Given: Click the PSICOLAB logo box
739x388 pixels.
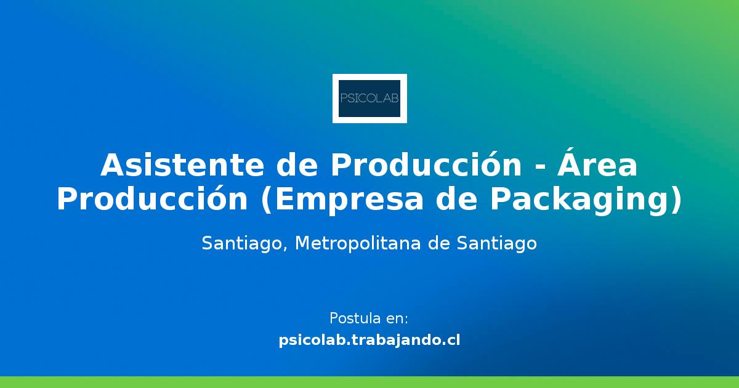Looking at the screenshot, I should pyautogui.click(x=369, y=99).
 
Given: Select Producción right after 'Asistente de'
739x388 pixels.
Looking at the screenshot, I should pyautogui.click(x=419, y=165).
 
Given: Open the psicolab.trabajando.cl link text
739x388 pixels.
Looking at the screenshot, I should pyautogui.click(x=369, y=340).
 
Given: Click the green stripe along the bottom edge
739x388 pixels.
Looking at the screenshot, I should pyautogui.click(x=369, y=382).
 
